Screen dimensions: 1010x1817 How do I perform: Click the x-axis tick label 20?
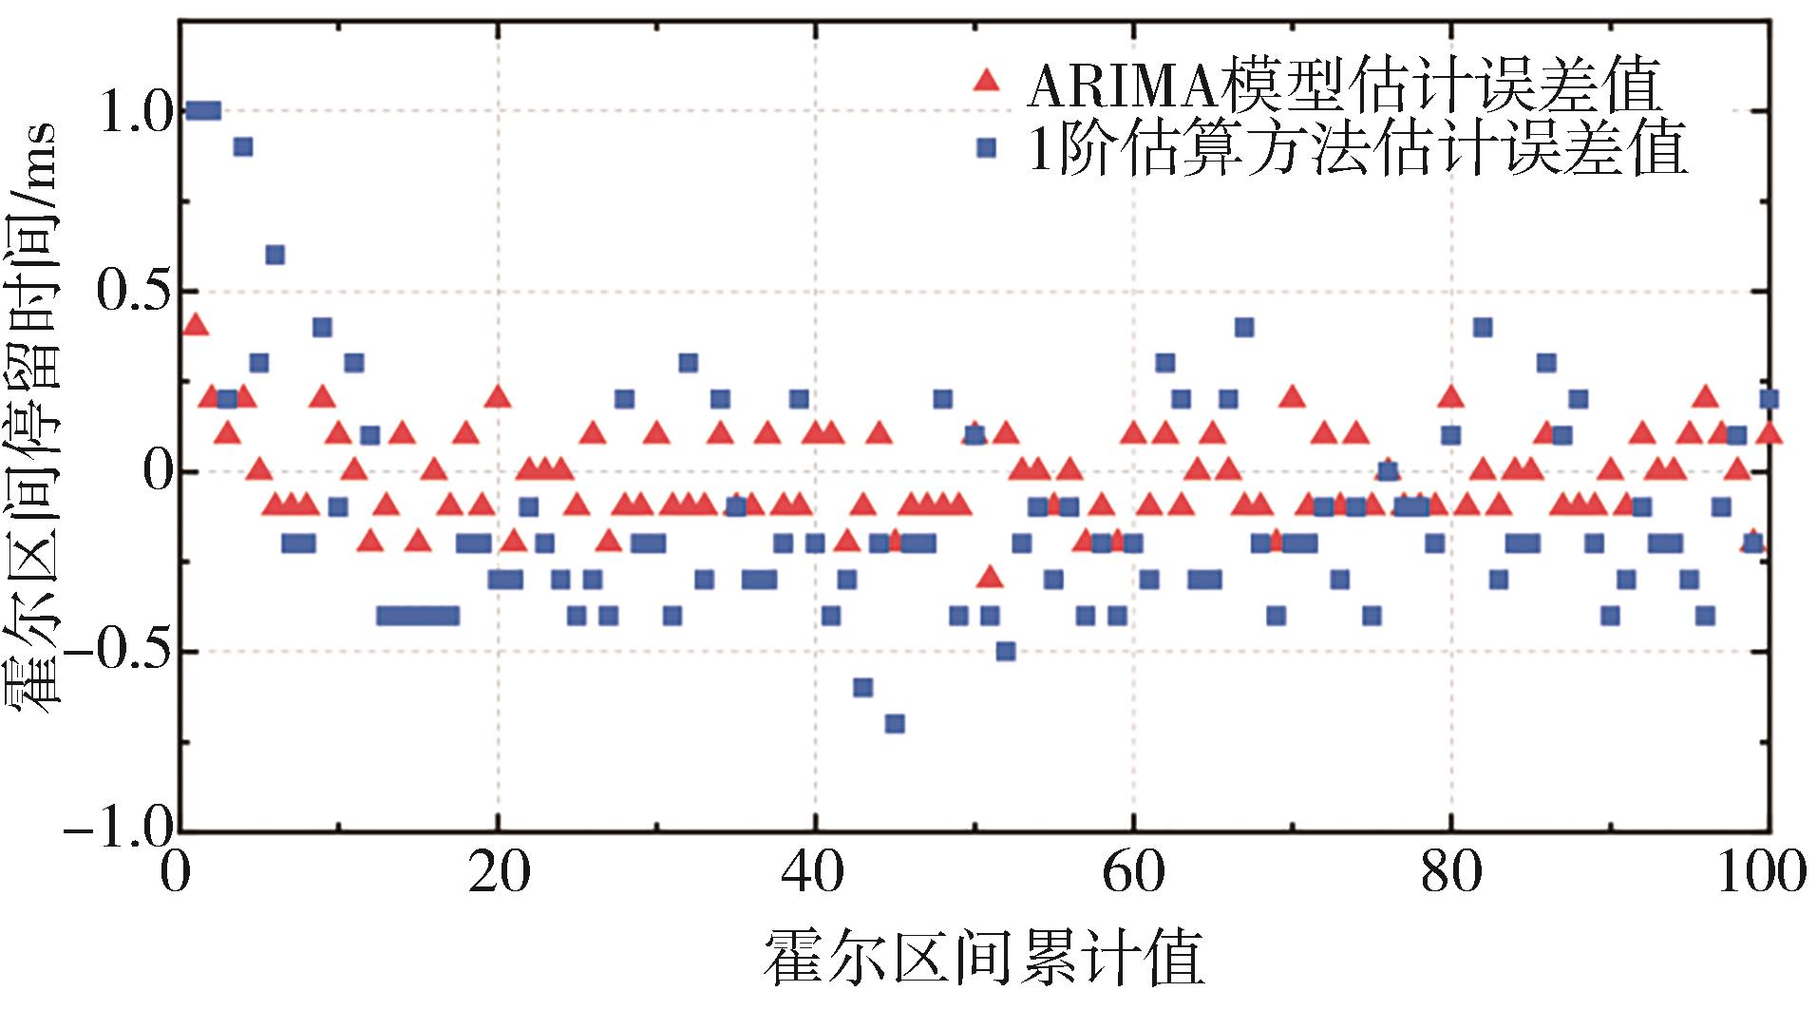click(498, 872)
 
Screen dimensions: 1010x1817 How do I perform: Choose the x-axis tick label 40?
click(815, 872)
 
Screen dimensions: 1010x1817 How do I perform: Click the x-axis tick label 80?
click(1450, 872)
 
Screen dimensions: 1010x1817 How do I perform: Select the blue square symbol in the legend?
click(987, 147)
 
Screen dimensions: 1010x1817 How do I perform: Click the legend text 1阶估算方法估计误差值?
click(1358, 148)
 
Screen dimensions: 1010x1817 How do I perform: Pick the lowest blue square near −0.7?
click(895, 724)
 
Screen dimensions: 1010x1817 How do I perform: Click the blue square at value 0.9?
click(243, 146)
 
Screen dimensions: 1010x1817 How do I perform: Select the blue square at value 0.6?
click(275, 255)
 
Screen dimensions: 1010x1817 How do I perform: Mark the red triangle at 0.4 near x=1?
click(195, 325)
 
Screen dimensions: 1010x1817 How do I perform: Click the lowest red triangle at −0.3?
click(991, 577)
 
